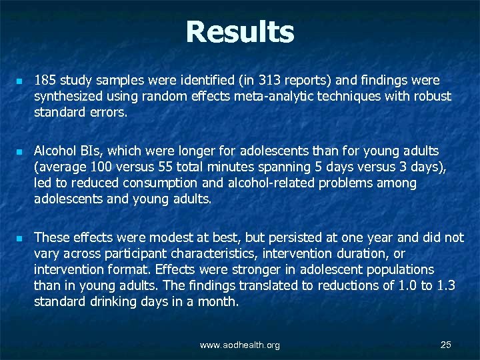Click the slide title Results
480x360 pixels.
[239, 32]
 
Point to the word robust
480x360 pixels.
[433, 96]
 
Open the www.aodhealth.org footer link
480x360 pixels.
[240, 345]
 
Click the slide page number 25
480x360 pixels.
[446, 345]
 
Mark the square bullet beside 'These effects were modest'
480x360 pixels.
[20, 238]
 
